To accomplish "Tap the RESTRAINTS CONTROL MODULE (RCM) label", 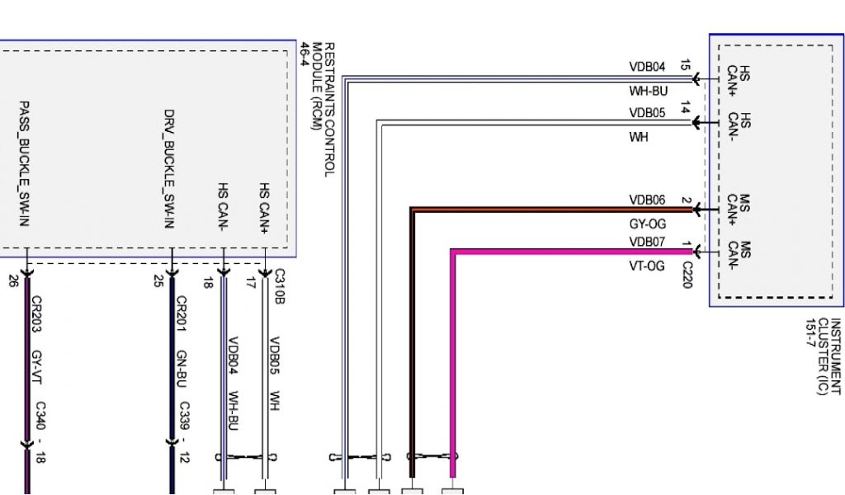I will [x=323, y=109].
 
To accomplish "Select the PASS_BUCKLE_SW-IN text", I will [x=25, y=165].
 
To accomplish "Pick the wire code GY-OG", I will [x=647, y=224].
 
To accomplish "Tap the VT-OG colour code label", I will [x=647, y=266].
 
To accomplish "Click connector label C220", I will [x=687, y=275].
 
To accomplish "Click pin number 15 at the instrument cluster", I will [x=685, y=64].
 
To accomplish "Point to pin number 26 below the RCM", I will [x=13, y=281].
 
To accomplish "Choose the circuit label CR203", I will [x=35, y=314].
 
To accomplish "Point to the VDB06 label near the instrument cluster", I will [x=647, y=200].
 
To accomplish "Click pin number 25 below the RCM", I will [x=158, y=281].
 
